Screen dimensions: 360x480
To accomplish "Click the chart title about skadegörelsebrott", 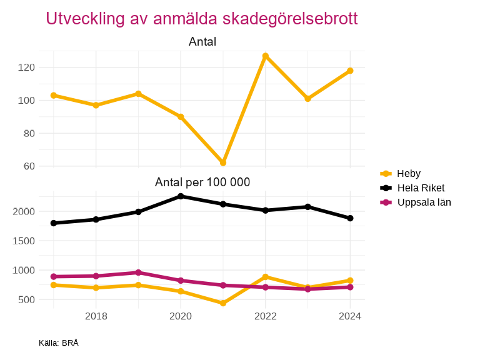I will [x=202, y=19].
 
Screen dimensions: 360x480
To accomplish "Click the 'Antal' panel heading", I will [x=202, y=42].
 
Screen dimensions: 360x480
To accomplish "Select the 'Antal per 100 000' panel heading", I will [x=202, y=182].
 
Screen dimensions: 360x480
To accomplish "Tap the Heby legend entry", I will [x=409, y=174].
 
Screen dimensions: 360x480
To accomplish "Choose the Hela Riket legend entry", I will [x=421, y=187].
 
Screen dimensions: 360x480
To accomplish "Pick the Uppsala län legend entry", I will [x=424, y=202].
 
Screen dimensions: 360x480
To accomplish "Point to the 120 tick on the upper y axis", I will [x=26, y=67].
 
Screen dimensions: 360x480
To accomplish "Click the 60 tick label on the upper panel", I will [x=28, y=166].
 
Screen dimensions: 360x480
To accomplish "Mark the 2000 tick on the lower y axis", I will [x=23, y=211].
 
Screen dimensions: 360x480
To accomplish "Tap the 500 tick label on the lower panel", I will [x=26, y=300].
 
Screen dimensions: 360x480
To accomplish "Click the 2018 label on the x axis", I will [x=96, y=316].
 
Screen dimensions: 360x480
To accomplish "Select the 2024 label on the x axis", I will [x=350, y=316].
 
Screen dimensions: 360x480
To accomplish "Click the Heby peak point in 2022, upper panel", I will [x=266, y=56].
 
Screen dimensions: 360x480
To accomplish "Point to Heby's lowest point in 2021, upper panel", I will [x=223, y=162].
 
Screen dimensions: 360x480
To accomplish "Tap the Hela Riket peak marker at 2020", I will [x=181, y=196].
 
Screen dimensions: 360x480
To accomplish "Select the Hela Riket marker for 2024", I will [x=350, y=218].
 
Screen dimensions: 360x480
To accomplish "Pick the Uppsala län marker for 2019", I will [x=138, y=272].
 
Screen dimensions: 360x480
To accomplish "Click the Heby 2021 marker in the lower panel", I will [x=223, y=303].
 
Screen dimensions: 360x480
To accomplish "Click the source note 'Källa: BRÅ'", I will [x=59, y=343].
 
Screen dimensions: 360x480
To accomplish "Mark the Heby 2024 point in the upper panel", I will [x=350, y=71].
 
